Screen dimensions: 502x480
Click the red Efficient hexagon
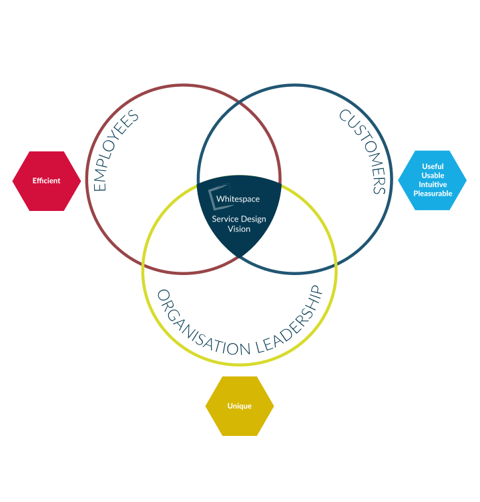click(x=47, y=181)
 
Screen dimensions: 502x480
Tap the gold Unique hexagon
click(x=239, y=406)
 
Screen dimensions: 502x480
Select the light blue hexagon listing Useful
click(x=433, y=180)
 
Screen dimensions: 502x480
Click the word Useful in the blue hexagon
click(x=433, y=166)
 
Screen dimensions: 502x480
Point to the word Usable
click(x=433, y=176)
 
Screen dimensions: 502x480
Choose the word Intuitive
click(x=433, y=184)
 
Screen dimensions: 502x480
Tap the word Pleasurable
click(x=433, y=194)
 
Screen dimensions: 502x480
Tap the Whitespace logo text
click(x=238, y=199)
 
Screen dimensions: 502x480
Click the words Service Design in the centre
click(x=239, y=219)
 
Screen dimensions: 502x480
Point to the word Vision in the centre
click(x=239, y=229)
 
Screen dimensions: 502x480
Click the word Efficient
click(x=47, y=181)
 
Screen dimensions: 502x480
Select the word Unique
click(x=239, y=406)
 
